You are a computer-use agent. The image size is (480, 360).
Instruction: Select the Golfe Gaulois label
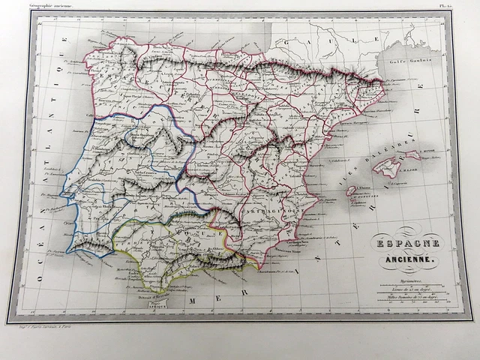click(410, 62)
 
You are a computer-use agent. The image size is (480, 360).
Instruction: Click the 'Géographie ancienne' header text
click(52, 6)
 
